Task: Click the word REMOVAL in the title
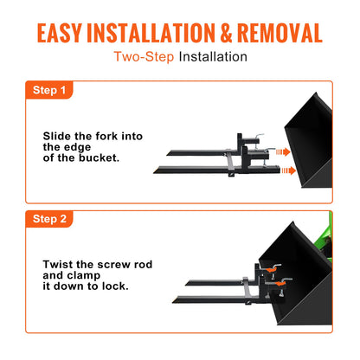tap(274, 34)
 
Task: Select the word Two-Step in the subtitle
tap(144, 57)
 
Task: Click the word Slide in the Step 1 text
tap(58, 136)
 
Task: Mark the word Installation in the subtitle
tap(213, 57)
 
